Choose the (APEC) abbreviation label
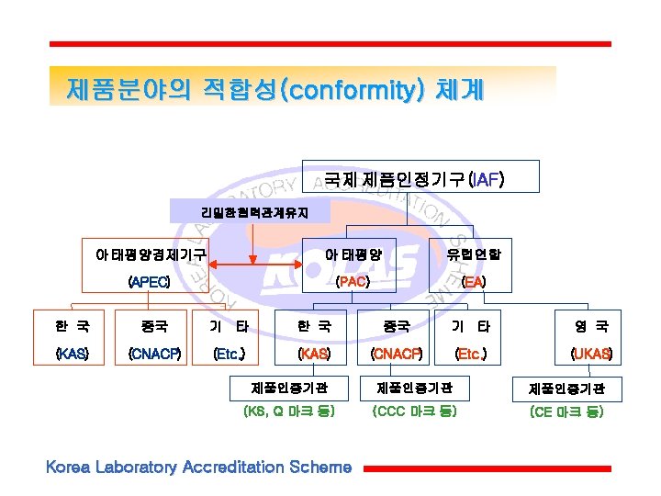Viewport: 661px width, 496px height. [149, 281]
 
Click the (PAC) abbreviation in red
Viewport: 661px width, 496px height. [353, 281]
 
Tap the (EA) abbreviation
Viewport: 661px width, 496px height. [474, 281]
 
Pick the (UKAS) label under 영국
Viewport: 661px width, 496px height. [591, 353]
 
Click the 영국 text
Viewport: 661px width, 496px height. [591, 326]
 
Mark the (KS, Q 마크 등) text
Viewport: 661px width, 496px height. [288, 412]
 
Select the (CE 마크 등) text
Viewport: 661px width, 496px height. [566, 412]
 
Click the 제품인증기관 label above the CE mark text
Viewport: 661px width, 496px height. [566, 389]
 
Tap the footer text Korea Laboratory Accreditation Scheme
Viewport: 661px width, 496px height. [198, 468]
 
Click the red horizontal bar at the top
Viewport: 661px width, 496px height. [330, 43]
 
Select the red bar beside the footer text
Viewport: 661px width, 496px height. [487, 468]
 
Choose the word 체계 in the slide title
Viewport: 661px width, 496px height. [454, 90]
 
